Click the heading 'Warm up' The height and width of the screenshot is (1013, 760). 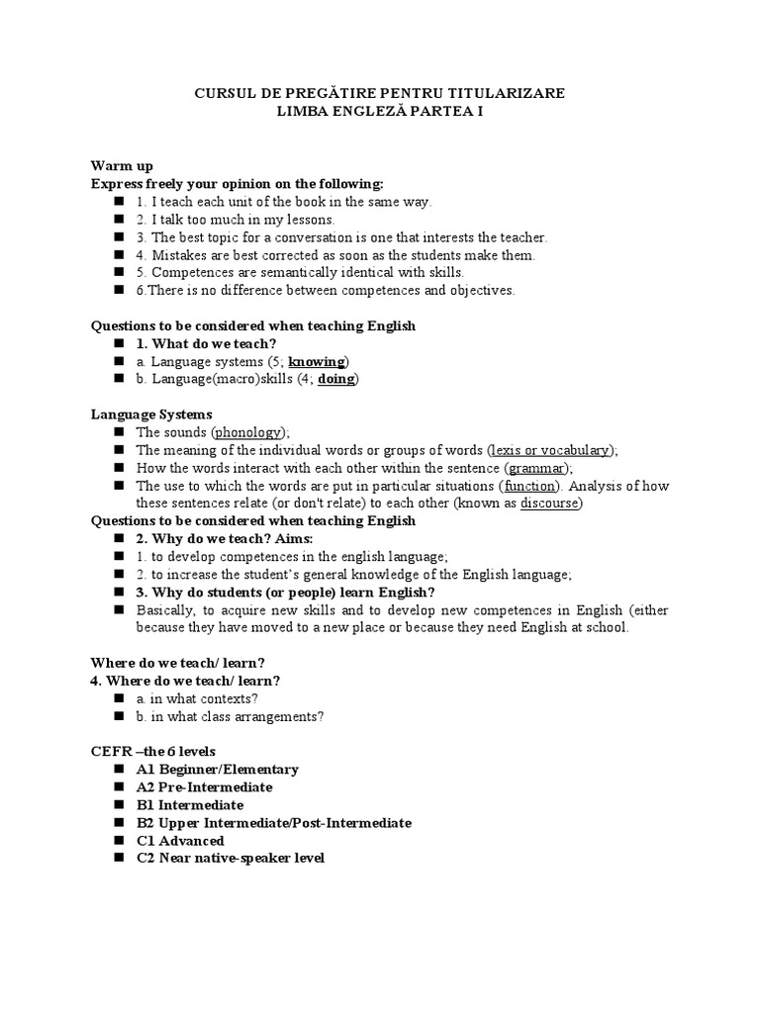(x=122, y=166)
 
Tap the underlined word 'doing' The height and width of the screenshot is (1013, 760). (x=336, y=379)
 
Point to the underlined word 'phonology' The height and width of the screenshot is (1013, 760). (x=248, y=432)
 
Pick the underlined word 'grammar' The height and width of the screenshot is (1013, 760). (x=537, y=468)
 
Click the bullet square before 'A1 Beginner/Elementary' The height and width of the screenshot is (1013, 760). (x=118, y=769)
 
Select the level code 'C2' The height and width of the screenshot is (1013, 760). (x=146, y=858)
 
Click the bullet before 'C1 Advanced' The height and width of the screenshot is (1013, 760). (x=118, y=840)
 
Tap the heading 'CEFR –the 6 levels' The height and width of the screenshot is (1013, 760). (x=153, y=751)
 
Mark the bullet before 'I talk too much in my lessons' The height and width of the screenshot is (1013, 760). (x=118, y=220)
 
